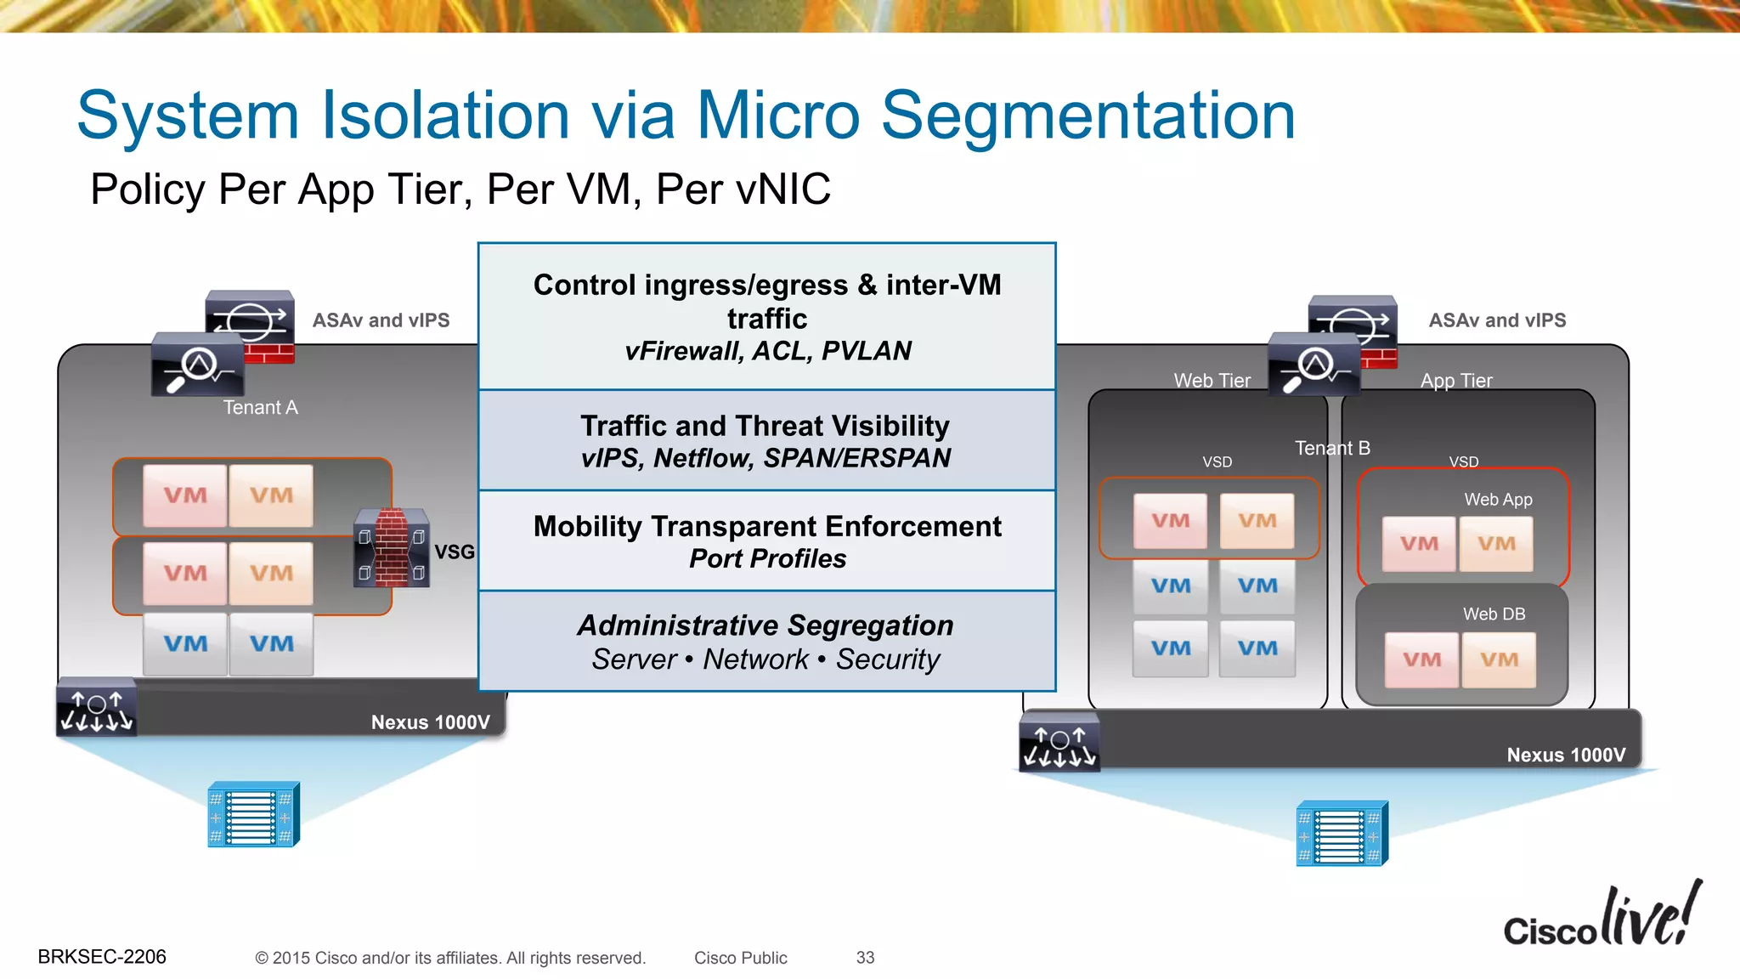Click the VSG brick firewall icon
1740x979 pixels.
click(x=392, y=548)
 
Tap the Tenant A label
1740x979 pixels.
click(x=260, y=408)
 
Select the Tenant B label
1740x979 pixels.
click(x=1332, y=448)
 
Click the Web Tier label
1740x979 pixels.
click(x=1212, y=381)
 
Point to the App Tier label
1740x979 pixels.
click(x=1456, y=381)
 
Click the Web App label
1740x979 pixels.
click(x=1498, y=500)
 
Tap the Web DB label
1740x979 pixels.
click(x=1494, y=614)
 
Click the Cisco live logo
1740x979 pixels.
click(x=1602, y=917)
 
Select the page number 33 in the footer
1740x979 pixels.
click(x=865, y=958)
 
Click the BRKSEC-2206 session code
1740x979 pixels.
click(x=102, y=957)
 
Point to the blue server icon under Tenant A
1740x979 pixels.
click(x=253, y=814)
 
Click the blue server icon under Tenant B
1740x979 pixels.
click(x=1342, y=834)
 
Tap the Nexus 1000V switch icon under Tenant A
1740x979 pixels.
click(x=96, y=708)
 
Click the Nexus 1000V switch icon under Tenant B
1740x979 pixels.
click(x=1059, y=742)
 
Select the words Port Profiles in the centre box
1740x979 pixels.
click(x=767, y=559)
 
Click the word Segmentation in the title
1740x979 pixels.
click(x=1088, y=116)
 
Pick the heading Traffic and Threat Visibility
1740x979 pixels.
click(x=765, y=426)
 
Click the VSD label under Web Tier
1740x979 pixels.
click(x=1217, y=462)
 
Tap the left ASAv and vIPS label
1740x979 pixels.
click(x=381, y=320)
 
